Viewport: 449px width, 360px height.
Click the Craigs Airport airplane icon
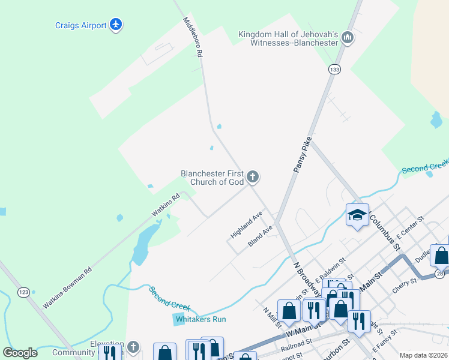[x=116, y=25]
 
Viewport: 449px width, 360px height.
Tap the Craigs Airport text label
[x=80, y=25]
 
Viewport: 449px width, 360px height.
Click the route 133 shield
[x=334, y=70]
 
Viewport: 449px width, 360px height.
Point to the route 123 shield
[x=24, y=292]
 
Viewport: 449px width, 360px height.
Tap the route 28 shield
[x=442, y=274]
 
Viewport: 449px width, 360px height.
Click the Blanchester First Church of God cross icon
[x=253, y=176]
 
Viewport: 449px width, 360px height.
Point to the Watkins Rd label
[x=166, y=205]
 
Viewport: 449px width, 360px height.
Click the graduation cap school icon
[x=357, y=215]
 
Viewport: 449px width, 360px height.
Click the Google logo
[x=20, y=353]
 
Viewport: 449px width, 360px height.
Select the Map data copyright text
[x=424, y=355]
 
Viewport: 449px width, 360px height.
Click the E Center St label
[x=410, y=226]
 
